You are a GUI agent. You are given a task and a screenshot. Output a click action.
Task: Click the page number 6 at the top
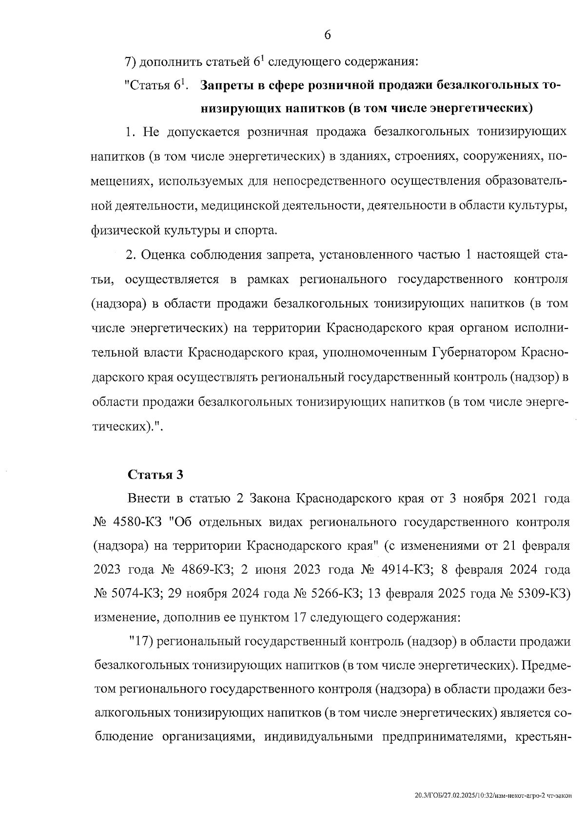pos(327,35)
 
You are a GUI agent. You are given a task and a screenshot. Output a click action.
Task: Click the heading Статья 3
pos(156,475)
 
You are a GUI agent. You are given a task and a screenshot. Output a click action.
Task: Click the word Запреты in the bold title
pos(225,85)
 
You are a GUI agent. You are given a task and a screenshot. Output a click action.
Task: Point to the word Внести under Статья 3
pos(148,499)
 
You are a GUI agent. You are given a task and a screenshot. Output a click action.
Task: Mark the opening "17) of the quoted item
pos(141,642)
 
